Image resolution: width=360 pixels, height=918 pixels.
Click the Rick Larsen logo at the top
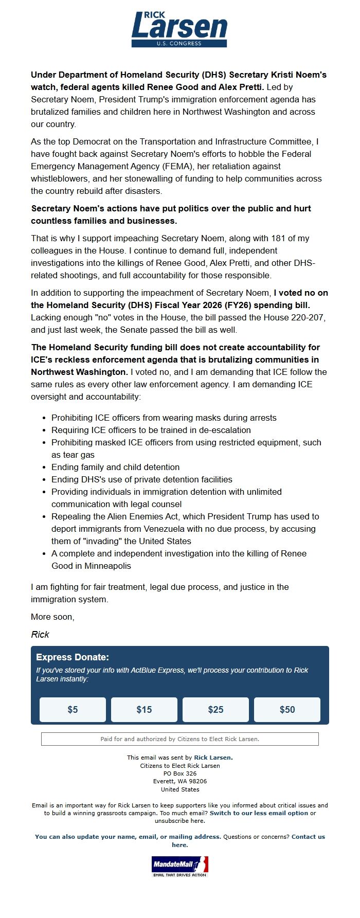179,29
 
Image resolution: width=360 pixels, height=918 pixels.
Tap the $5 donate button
73,710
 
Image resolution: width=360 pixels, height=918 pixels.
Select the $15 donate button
144,710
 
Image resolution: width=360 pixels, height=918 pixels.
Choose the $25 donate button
215,710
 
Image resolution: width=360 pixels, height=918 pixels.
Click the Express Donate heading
73,657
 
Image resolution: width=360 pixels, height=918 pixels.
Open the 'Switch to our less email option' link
259,813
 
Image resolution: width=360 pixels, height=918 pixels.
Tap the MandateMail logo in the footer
179,866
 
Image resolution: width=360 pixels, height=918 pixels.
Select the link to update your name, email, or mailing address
128,837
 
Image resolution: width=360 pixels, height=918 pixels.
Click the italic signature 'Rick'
40,635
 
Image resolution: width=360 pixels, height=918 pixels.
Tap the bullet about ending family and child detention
115,467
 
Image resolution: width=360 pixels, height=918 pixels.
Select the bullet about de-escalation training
151,430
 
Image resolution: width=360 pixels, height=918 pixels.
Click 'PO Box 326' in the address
180,773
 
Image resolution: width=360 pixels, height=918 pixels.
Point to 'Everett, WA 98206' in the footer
180,781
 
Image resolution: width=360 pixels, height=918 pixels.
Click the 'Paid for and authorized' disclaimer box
180,739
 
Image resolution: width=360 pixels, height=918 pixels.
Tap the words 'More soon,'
52,617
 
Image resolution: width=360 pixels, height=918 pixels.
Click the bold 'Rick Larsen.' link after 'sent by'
213,758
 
